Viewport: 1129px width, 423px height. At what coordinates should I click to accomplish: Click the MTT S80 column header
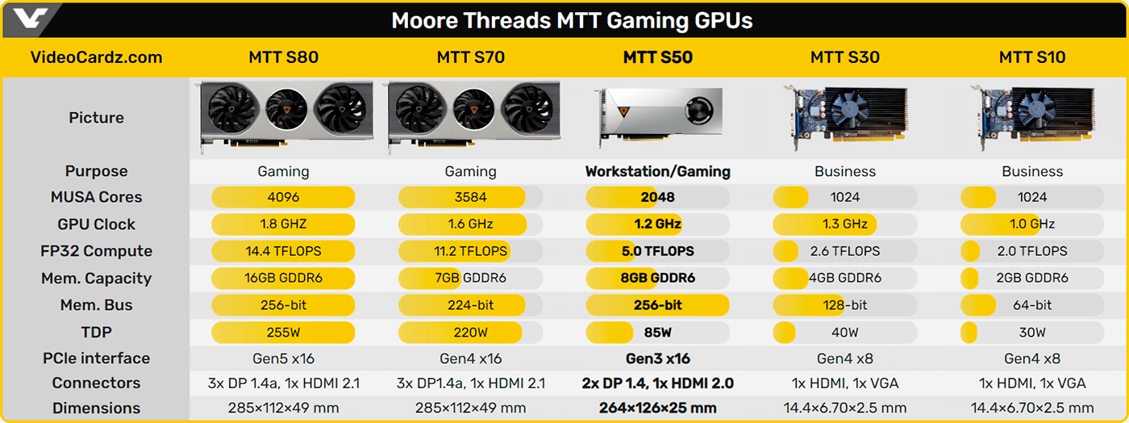[x=283, y=57]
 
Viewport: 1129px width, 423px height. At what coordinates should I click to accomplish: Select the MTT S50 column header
[x=657, y=57]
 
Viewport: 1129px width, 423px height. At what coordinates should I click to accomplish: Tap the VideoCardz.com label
[x=96, y=57]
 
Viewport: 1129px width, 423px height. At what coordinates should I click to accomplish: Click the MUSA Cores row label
[x=96, y=197]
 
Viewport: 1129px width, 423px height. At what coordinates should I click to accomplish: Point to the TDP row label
[x=96, y=332]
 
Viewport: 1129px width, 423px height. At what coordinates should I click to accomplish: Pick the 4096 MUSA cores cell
[x=283, y=197]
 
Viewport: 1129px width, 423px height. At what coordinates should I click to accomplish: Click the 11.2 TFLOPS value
[x=470, y=251]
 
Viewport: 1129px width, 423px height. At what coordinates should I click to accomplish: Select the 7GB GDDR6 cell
[x=470, y=279]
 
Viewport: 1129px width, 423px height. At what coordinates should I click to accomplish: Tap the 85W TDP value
[x=657, y=332]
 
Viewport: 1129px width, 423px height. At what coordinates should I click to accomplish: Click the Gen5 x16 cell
[x=283, y=358]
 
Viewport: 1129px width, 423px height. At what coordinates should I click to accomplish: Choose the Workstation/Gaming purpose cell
[x=657, y=171]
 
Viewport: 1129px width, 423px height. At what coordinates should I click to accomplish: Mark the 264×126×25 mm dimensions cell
[x=657, y=408]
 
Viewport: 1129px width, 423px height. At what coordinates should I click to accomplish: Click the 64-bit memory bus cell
[x=1032, y=305]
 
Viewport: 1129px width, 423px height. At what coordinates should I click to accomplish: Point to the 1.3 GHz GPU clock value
[x=845, y=224]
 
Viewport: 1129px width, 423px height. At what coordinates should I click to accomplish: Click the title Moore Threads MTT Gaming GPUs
[x=572, y=20]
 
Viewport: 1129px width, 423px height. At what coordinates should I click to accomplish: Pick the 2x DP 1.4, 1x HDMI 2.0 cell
[x=657, y=383]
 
